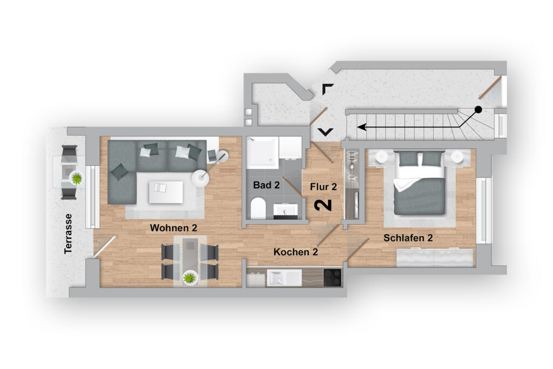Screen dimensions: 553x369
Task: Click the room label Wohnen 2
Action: coord(173,228)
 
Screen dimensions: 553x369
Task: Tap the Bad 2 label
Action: coord(266,185)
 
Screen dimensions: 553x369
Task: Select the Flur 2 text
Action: coord(323,186)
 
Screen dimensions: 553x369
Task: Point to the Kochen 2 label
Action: coord(295,252)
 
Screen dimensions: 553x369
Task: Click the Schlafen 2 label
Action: coord(408,238)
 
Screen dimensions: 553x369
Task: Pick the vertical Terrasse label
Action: coord(68,233)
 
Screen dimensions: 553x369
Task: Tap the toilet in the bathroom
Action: coord(258,208)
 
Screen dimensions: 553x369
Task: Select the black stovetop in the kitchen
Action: coord(332,277)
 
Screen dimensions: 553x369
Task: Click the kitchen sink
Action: coord(284,278)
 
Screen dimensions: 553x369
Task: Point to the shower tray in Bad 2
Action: coord(262,153)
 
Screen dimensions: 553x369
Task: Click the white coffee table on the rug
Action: coord(166,192)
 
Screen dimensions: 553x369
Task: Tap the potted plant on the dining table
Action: coord(190,278)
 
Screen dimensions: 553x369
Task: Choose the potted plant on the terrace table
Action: coord(77,178)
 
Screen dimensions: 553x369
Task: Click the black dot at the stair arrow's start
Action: coord(478,109)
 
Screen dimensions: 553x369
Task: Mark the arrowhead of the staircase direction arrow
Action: coord(361,126)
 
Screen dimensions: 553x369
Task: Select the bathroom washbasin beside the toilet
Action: coord(286,211)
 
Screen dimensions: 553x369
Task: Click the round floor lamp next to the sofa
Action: coord(200,178)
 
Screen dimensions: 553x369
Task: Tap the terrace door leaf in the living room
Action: coord(104,246)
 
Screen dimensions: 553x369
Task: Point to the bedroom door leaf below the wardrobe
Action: coord(358,250)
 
